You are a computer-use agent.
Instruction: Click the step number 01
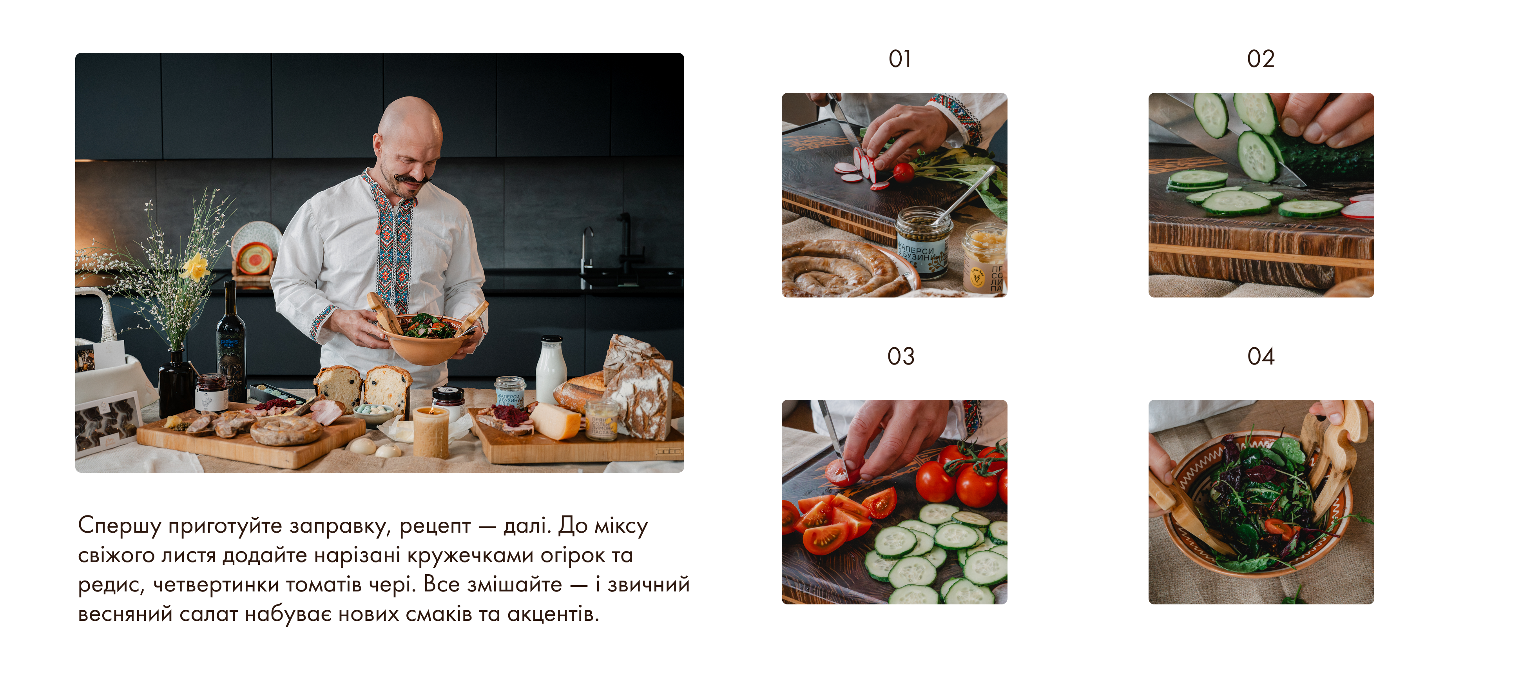(900, 59)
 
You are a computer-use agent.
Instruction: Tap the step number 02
(1260, 59)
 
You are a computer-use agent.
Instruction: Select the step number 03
(901, 356)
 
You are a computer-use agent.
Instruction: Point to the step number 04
(1260, 356)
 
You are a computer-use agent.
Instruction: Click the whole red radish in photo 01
(903, 172)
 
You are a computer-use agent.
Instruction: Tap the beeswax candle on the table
(431, 432)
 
